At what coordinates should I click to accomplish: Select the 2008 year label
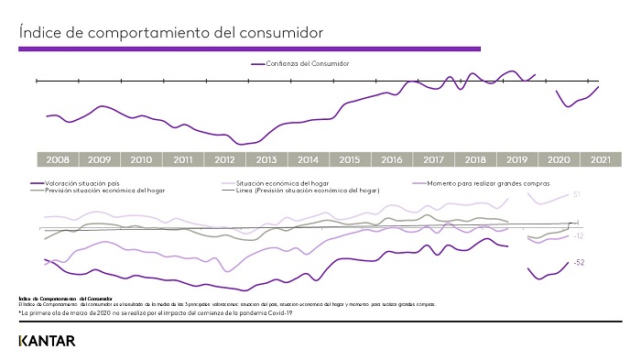pyautogui.click(x=57, y=159)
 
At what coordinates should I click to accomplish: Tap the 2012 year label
pyautogui.click(x=224, y=159)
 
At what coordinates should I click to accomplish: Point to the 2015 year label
pyautogui.click(x=349, y=159)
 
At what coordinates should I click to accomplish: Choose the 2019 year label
pyautogui.click(x=516, y=159)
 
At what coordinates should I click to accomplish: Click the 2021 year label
pyautogui.click(x=600, y=159)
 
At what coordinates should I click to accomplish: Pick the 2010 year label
pyautogui.click(x=141, y=159)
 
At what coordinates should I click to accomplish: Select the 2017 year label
pyautogui.click(x=433, y=159)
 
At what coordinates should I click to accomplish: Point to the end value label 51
pyautogui.click(x=577, y=195)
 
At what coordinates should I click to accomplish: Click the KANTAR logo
pyautogui.click(x=47, y=341)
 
